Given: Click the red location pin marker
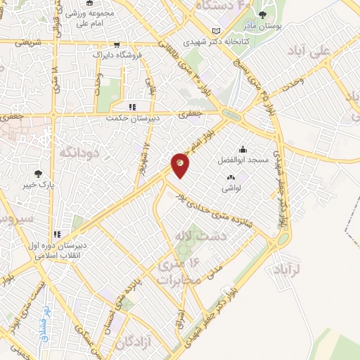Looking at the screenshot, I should (x=180, y=164).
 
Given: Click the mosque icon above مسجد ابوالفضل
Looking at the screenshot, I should (x=243, y=148).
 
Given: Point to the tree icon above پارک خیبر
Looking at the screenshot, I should (x=38, y=174).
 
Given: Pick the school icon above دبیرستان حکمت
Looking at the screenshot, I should (x=131, y=107).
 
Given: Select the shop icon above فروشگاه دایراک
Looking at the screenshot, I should (x=116, y=43).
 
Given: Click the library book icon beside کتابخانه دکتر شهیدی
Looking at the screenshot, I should (x=215, y=30).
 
